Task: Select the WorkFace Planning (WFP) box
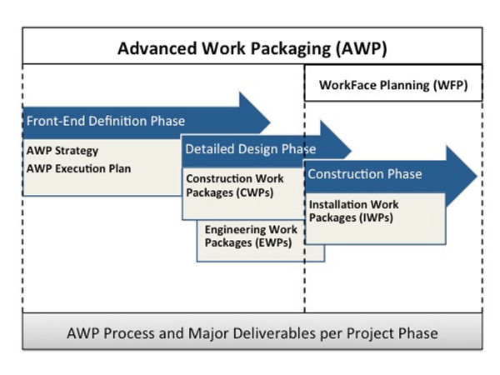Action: click(x=393, y=85)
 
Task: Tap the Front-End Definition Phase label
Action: click(x=105, y=121)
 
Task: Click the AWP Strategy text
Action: click(x=62, y=151)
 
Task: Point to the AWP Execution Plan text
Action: click(x=78, y=168)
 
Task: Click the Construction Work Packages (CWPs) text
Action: click(x=234, y=186)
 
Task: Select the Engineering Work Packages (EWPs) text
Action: click(x=251, y=237)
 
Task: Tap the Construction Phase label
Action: click(x=364, y=174)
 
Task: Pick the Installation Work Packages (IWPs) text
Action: click(x=353, y=211)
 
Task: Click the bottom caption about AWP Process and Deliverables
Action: click(x=252, y=333)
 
